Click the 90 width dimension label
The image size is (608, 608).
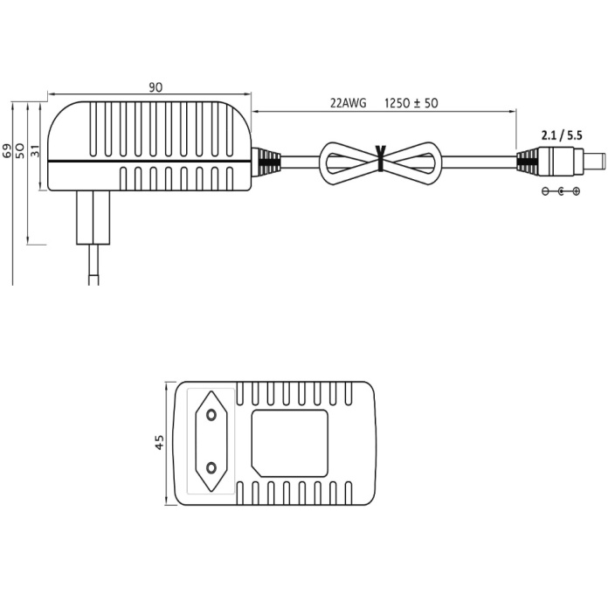point(155,86)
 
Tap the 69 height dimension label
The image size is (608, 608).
point(9,150)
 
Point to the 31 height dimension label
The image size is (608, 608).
point(36,150)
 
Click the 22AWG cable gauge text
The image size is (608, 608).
point(348,102)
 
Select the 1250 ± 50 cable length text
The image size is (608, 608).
point(411,102)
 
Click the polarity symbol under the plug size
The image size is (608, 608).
point(561,190)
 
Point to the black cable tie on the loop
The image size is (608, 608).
point(381,158)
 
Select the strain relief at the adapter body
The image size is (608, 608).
point(267,162)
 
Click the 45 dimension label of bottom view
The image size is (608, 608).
point(159,443)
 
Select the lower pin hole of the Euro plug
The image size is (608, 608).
point(211,471)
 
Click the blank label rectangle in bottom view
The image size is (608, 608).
point(290,442)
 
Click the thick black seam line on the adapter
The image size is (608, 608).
point(149,162)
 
